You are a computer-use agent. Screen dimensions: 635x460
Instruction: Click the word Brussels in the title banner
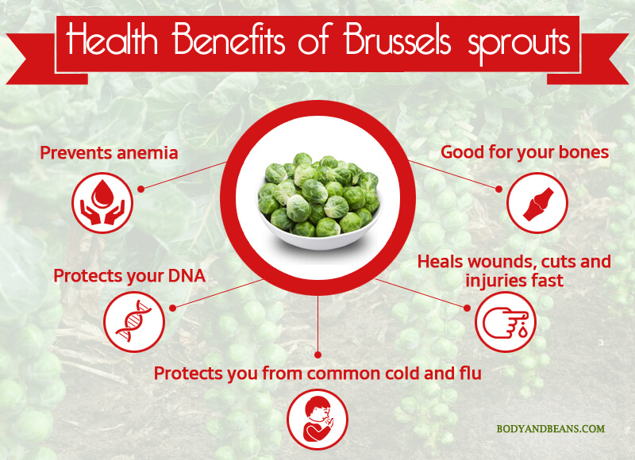tap(398, 41)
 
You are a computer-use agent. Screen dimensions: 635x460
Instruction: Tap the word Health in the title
tap(112, 40)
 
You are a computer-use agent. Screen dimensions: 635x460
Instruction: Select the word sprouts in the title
tap(520, 44)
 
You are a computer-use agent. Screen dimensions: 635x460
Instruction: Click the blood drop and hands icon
tap(102, 202)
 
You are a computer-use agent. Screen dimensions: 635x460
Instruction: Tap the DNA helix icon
tap(134, 322)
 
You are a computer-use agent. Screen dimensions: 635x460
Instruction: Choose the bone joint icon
tap(537, 203)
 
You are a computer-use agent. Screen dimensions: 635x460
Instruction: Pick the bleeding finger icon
tap(506, 322)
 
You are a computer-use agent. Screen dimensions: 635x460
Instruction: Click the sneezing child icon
tap(317, 419)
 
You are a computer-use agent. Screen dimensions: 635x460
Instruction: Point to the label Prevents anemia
tap(109, 153)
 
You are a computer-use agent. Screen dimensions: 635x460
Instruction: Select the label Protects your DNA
tap(129, 276)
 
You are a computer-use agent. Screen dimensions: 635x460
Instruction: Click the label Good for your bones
tap(525, 152)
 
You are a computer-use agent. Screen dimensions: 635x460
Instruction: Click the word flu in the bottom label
tap(471, 373)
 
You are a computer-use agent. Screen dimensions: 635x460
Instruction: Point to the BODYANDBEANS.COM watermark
tap(551, 429)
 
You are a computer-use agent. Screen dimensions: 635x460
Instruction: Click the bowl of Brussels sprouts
tap(320, 201)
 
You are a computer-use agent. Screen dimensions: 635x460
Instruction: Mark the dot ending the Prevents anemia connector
tap(140, 189)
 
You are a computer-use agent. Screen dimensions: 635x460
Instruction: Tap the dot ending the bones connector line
tap(499, 189)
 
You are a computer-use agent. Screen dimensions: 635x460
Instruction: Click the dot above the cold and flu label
tap(318, 355)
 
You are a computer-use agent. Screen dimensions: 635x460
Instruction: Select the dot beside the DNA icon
tap(172, 309)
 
